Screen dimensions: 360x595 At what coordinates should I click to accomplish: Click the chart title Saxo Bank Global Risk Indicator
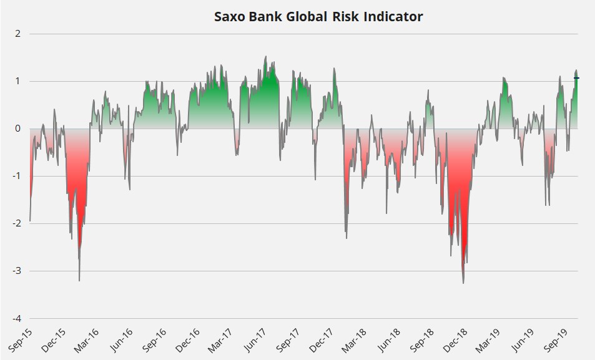[x=318, y=17]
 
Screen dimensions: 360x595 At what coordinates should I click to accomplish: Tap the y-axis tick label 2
[x=17, y=34]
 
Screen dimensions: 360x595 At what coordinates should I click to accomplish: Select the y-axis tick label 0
[x=17, y=129]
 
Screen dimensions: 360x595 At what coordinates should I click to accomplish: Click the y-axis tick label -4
[x=16, y=318]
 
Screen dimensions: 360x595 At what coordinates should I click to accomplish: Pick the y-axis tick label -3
[x=16, y=271]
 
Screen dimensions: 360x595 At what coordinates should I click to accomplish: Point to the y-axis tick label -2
[x=16, y=223]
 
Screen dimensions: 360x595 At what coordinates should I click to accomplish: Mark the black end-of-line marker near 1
[x=577, y=78]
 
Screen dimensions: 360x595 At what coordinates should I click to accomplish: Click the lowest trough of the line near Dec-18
[x=463, y=283]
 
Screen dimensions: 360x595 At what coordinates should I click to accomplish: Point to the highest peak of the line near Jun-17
[x=265, y=57]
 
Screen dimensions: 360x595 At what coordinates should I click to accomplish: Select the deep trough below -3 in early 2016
[x=79, y=280]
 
